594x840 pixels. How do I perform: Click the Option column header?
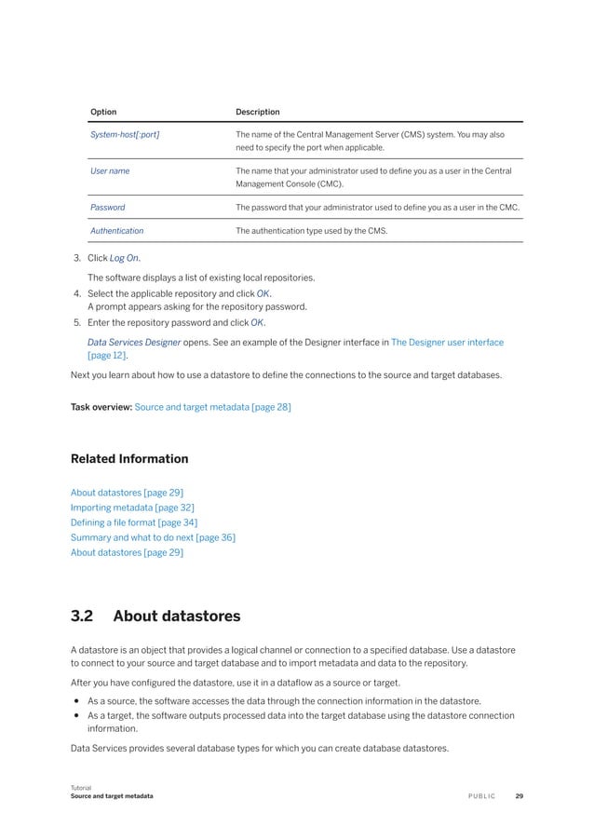click(x=103, y=112)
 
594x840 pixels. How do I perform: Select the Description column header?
click(x=258, y=112)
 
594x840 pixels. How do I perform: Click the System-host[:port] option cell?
click(x=125, y=135)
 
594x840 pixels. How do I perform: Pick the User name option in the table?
click(x=110, y=171)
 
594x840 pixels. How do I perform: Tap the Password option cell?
click(x=107, y=208)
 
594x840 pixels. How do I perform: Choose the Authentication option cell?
click(x=116, y=230)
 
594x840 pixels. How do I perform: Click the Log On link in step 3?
click(x=125, y=258)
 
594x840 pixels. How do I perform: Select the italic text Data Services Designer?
click(x=134, y=343)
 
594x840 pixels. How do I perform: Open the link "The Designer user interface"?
click(x=447, y=343)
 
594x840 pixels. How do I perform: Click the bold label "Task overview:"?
click(x=101, y=407)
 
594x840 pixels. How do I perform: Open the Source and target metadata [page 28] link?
click(x=212, y=407)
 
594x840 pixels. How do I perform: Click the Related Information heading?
click(x=129, y=459)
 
